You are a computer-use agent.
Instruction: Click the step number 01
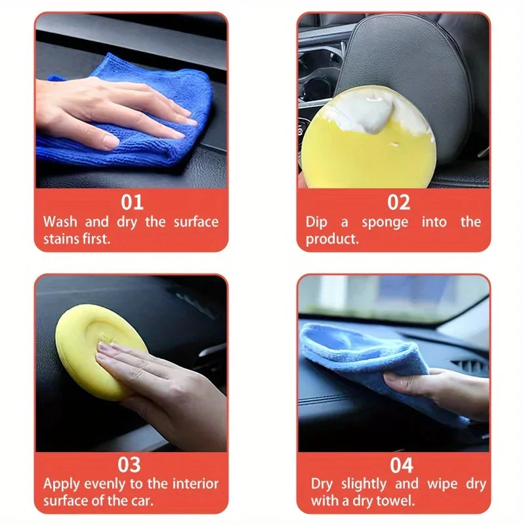(x=131, y=201)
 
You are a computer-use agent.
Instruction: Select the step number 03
(x=130, y=465)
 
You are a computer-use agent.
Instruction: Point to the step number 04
(x=401, y=465)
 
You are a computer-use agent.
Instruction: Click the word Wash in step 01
(x=60, y=222)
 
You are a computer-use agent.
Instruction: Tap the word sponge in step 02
(x=385, y=222)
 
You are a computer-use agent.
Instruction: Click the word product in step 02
(x=332, y=239)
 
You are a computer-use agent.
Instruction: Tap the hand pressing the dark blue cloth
(x=112, y=108)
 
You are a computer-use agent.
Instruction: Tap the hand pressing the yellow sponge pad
(x=164, y=387)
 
